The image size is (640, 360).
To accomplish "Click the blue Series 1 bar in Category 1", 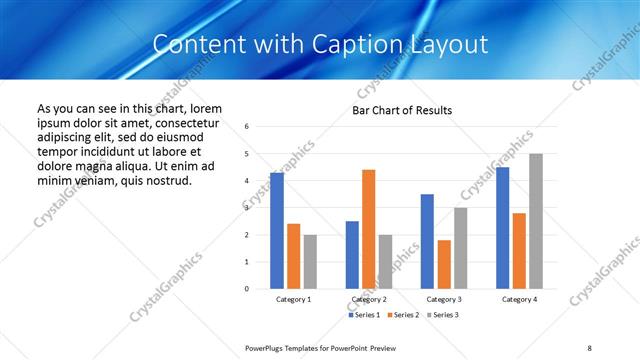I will click(x=277, y=231).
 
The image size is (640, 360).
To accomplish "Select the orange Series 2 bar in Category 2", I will click(x=368, y=229).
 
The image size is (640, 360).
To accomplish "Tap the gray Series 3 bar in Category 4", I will click(x=536, y=221).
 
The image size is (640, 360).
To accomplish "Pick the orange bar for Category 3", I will click(x=443, y=264).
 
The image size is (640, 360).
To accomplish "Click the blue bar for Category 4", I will click(x=502, y=228).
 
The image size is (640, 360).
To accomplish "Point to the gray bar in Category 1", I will click(x=310, y=262).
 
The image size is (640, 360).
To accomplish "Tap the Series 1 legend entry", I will click(x=364, y=315).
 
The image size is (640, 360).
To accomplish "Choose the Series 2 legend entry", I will click(x=401, y=315).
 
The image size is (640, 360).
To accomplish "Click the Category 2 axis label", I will click(x=368, y=299).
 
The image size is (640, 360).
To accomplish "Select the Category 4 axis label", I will click(x=519, y=299).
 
